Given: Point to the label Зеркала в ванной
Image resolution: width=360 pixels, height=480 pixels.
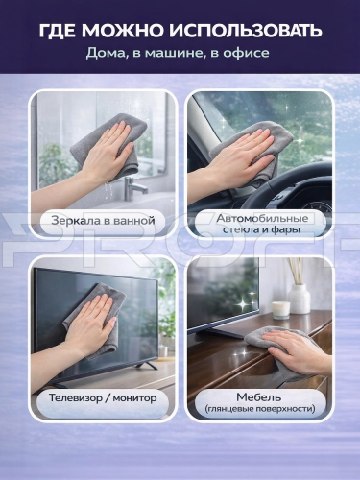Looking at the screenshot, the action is coord(103,221).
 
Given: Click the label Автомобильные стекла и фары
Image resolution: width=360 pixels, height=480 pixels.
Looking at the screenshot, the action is coord(262,224).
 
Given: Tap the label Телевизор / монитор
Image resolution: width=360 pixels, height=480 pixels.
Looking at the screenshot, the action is coord(103,398).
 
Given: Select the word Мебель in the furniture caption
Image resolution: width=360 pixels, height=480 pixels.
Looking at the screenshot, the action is coord(259,397).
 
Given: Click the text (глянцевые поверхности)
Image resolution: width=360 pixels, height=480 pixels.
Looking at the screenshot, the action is coord(259,409).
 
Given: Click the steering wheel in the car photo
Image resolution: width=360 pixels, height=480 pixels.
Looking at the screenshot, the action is coord(288,189).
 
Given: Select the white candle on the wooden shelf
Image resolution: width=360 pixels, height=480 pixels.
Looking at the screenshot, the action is coord(281,309).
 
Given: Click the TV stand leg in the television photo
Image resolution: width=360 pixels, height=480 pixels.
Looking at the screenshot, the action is coord(146,365).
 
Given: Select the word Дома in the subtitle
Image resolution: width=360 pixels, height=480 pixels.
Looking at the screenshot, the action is coord(105,54).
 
